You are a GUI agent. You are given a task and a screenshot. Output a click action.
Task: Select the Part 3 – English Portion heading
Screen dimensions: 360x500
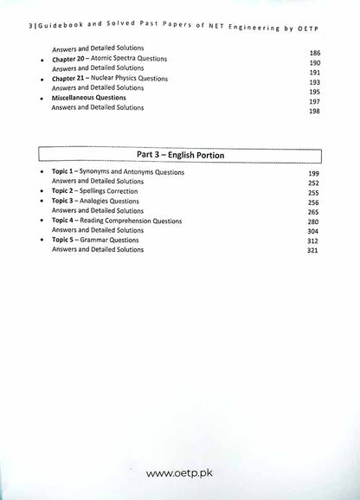(x=181, y=156)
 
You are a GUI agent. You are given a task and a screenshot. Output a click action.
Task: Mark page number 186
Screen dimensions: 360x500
(x=315, y=54)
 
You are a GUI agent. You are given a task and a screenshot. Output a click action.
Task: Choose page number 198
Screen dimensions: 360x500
(x=315, y=112)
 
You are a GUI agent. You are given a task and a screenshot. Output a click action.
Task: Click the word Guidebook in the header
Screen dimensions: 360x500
(x=42, y=10)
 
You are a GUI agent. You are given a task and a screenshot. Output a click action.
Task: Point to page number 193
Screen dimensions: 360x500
(x=315, y=83)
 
